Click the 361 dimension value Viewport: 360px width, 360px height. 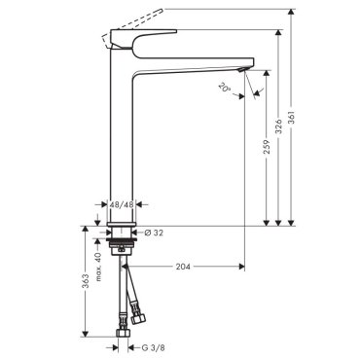(291, 120)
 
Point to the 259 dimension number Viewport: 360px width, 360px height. (267, 147)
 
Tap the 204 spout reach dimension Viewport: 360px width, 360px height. (183, 267)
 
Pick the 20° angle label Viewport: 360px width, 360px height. (224, 88)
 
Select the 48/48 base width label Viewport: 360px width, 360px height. (122, 205)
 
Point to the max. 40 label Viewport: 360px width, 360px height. (98, 267)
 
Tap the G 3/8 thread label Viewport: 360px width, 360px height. (154, 348)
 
